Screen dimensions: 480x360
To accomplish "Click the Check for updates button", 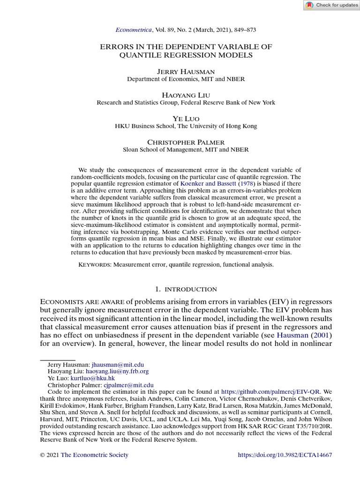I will tap(331, 5).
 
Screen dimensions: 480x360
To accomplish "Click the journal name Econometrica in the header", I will tap(134, 30).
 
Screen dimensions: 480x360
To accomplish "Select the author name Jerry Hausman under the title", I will tap(186, 71).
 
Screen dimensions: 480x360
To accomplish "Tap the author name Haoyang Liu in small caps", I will tap(186, 95).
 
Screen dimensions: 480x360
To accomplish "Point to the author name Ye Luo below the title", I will tap(186, 119).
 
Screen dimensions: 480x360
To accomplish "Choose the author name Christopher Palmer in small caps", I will tap(186, 142).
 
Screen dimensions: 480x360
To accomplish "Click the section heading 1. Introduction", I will tap(186, 289).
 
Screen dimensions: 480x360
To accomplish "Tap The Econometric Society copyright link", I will tap(95, 455).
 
